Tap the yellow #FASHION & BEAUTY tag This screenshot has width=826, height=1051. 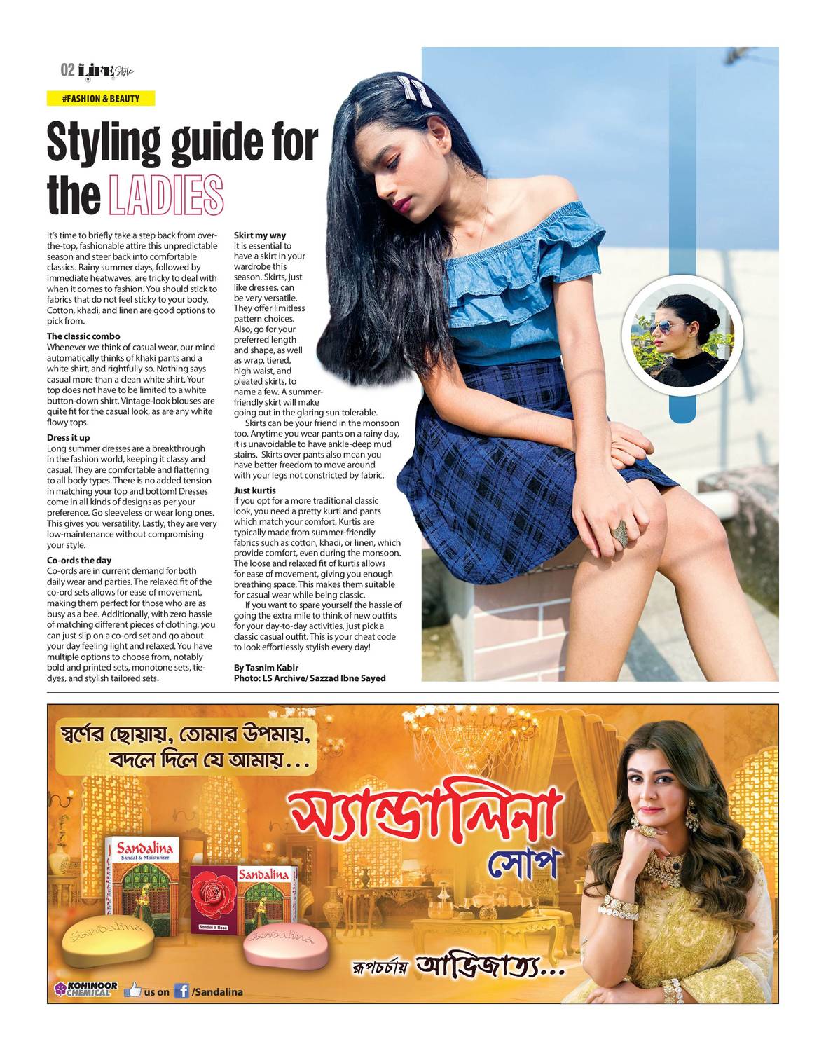tap(101, 99)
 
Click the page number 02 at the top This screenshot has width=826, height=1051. tap(67, 70)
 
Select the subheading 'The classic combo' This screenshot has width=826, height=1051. tap(83, 336)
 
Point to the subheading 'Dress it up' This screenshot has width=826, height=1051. tap(68, 438)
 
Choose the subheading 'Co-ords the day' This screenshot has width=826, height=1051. tap(79, 561)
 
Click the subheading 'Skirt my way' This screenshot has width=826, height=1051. tap(260, 235)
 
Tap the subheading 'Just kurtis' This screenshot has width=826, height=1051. tap(255, 490)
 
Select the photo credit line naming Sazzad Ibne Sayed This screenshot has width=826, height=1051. tap(310, 678)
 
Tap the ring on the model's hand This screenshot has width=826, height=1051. tap(621, 534)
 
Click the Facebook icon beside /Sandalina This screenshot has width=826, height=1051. tap(181, 991)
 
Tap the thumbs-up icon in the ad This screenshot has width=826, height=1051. tap(132, 990)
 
